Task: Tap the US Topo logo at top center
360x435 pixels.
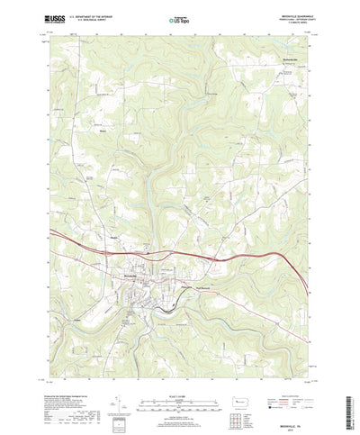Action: click(x=179, y=15)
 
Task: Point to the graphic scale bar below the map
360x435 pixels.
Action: click(x=179, y=391)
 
